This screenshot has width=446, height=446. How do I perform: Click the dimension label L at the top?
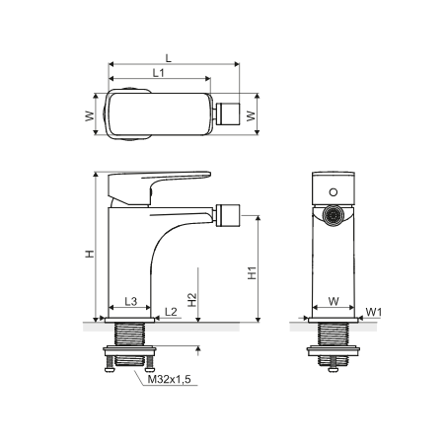169,58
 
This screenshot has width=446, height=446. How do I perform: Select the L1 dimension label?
159,73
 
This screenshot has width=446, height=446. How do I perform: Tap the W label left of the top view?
90,116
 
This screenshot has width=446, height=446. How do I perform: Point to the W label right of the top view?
251,115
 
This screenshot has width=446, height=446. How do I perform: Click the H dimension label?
90,254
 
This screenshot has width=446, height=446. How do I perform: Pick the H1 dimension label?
252,273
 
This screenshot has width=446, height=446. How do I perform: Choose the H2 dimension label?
192,300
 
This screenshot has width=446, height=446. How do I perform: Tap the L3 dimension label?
131,301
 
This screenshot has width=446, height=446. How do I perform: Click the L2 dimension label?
171,312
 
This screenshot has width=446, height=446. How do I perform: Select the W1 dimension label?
373,312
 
